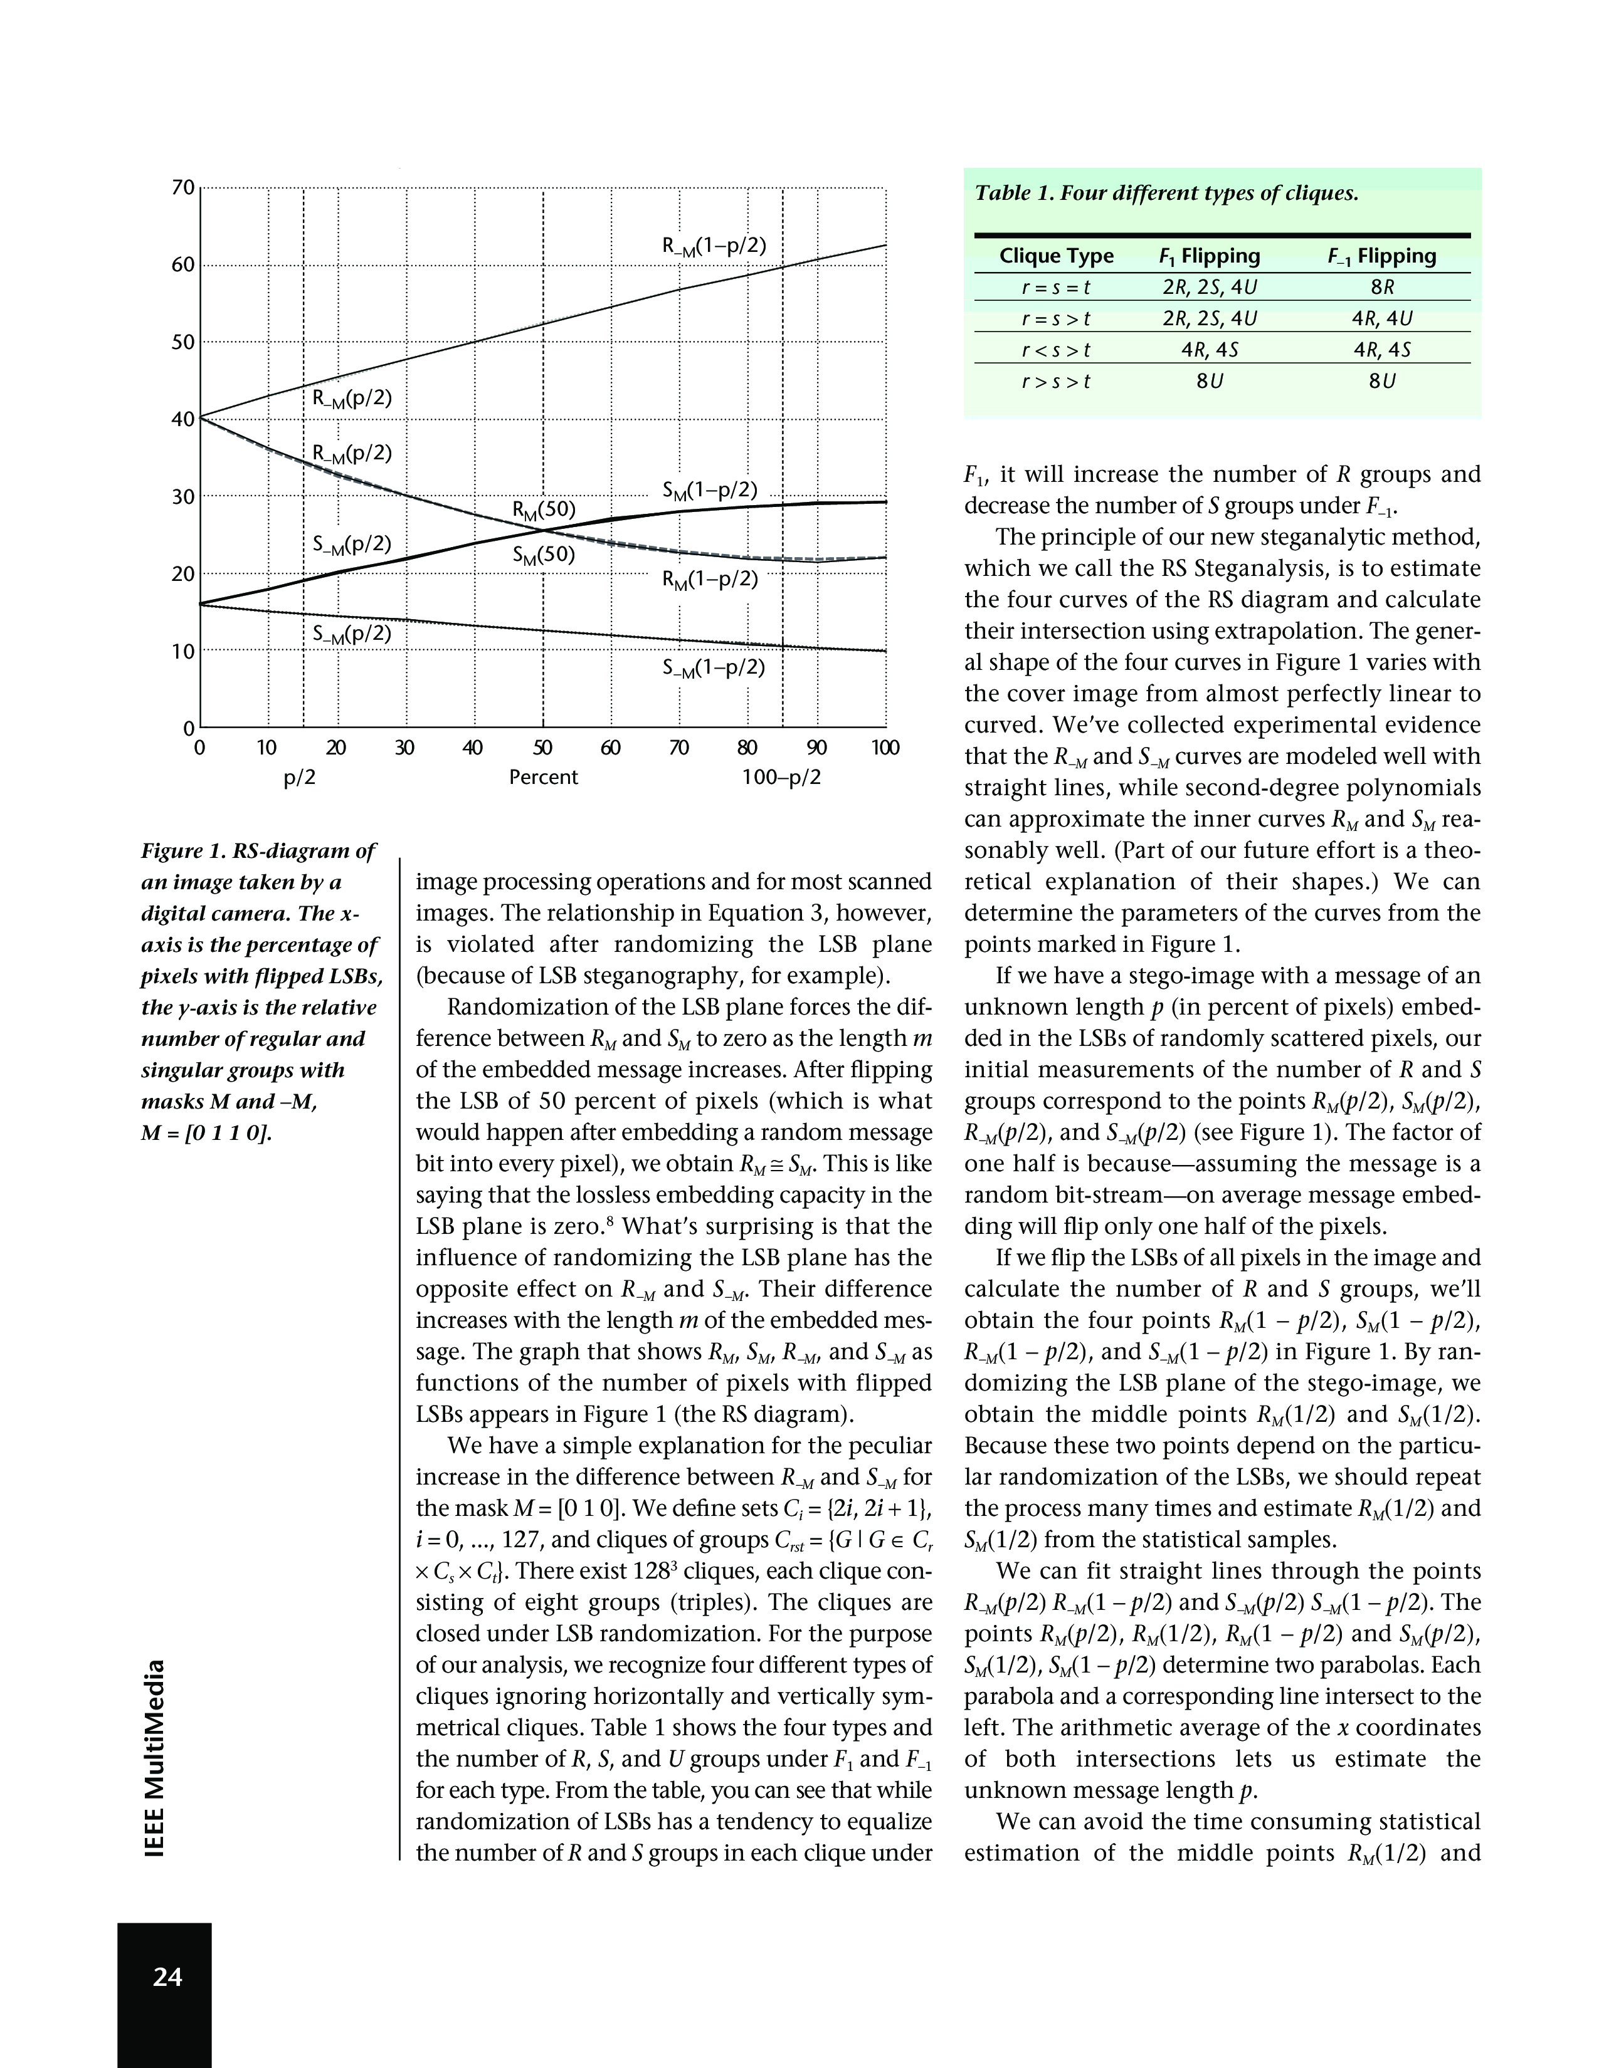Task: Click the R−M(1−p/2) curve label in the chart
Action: (714, 246)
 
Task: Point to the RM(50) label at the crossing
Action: (544, 510)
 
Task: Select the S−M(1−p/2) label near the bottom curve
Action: (712, 667)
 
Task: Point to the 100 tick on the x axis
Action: (885, 749)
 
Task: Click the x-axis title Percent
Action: (543, 778)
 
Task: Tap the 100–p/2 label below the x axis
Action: (781, 778)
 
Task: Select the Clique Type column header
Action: (1056, 256)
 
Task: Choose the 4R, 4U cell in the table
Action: (1382, 319)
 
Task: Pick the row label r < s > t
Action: (1056, 350)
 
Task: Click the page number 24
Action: (167, 1976)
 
